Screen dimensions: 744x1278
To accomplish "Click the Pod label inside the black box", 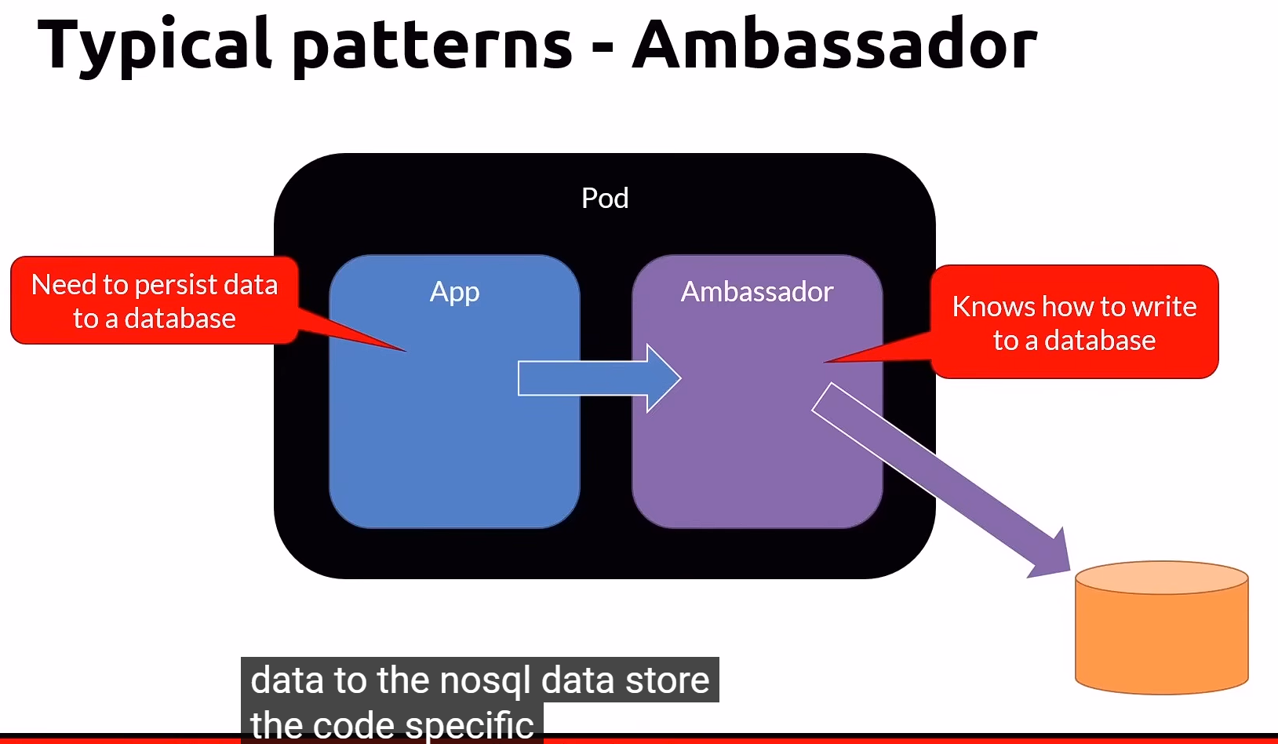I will click(604, 198).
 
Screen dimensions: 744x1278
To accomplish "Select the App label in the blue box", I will click(454, 292).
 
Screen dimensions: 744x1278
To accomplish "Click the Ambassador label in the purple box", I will click(756, 292).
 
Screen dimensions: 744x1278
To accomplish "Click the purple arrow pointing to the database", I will click(941, 479).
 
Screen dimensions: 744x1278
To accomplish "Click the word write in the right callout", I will click(1164, 307).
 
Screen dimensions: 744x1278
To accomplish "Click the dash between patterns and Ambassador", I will click(603, 49).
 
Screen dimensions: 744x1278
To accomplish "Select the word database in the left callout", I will click(180, 319).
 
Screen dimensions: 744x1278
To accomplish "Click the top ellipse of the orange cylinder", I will click(1161, 578).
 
